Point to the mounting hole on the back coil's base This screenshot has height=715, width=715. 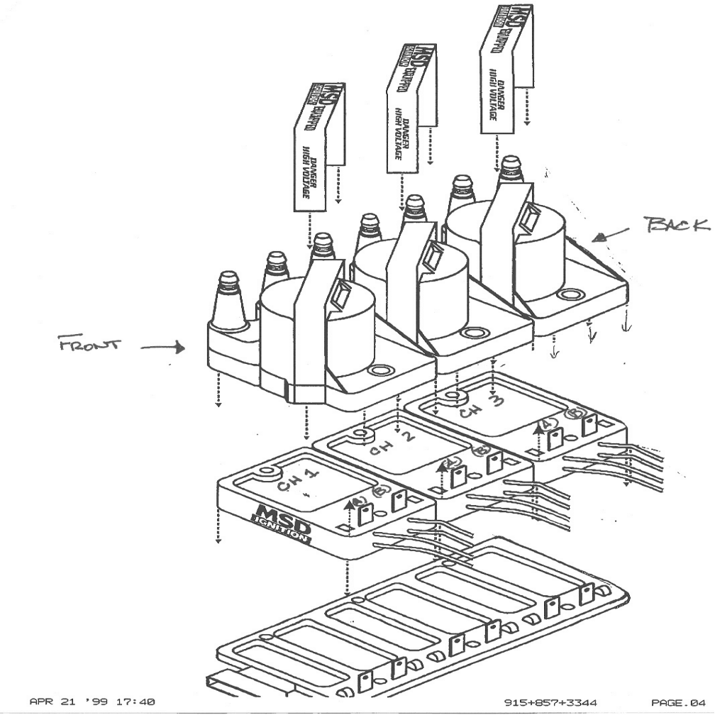pyautogui.click(x=567, y=294)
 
